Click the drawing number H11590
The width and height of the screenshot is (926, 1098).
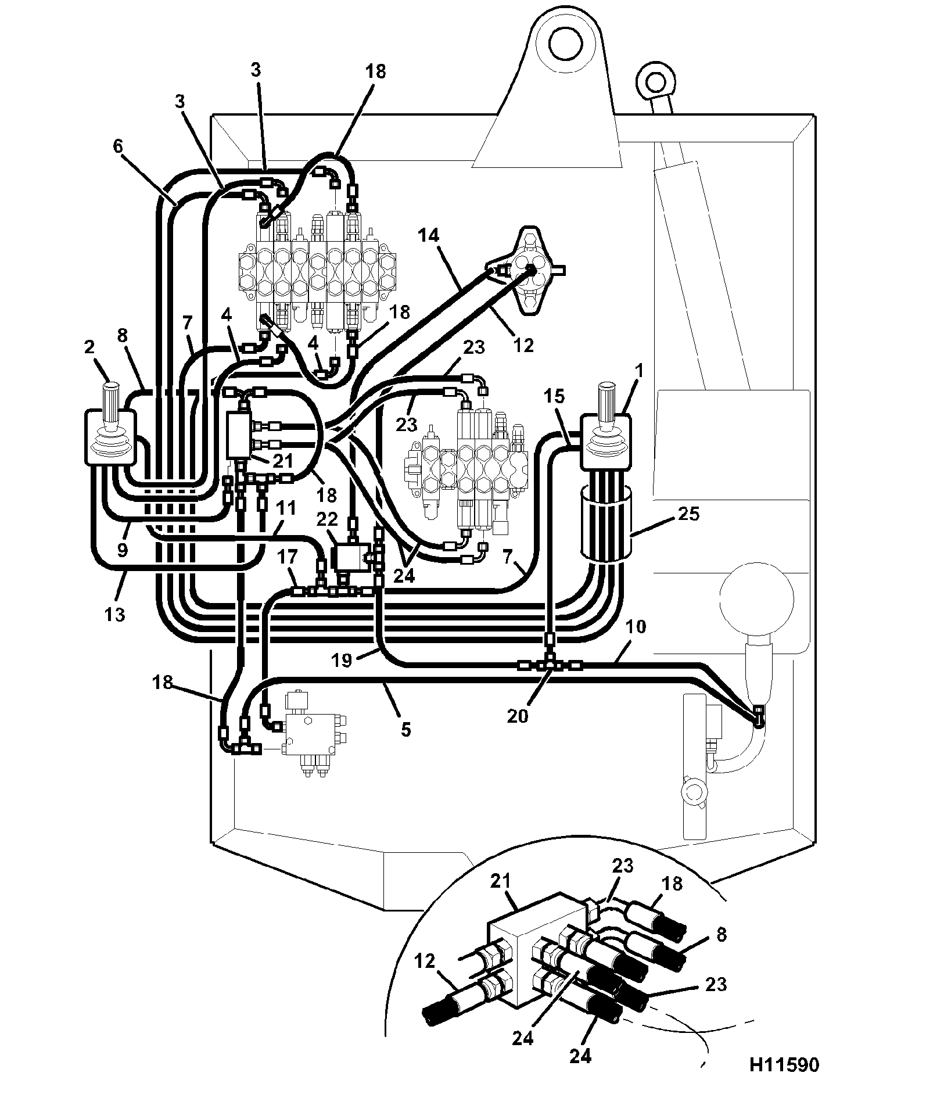[784, 1064]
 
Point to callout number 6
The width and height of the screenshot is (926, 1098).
[118, 146]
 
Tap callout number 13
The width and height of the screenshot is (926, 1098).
[115, 613]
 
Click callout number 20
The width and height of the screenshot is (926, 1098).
[518, 716]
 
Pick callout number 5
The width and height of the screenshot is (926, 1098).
[405, 729]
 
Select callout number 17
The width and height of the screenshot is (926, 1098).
[287, 557]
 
